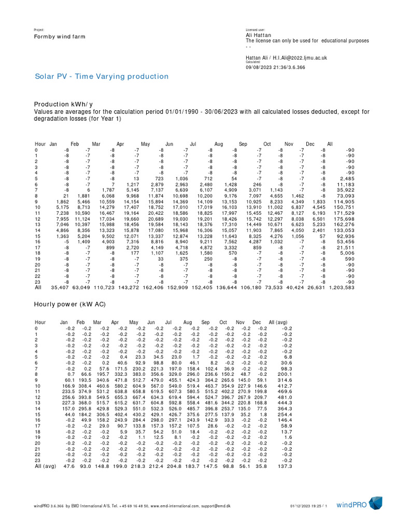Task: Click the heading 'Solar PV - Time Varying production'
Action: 102,77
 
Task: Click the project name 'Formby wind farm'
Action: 60,37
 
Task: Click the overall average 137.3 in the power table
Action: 285,466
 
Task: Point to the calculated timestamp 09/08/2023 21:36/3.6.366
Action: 276,67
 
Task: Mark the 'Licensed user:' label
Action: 255,30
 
